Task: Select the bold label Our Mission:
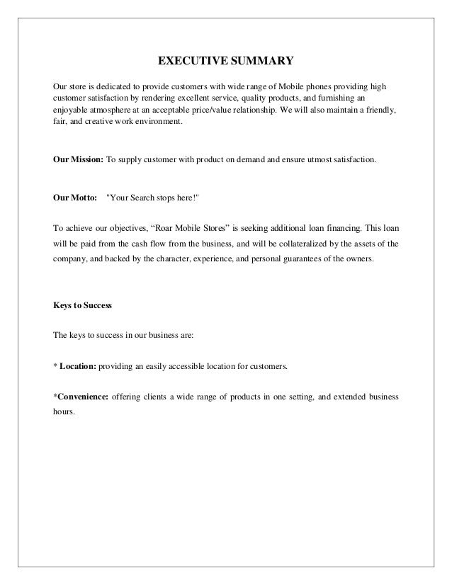(x=78, y=161)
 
